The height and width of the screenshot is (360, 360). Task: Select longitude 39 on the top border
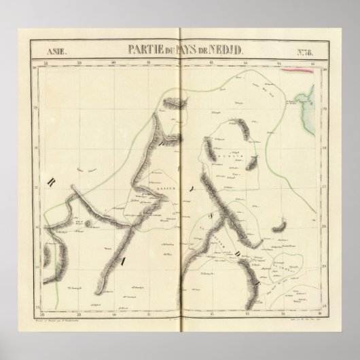[79, 63]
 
